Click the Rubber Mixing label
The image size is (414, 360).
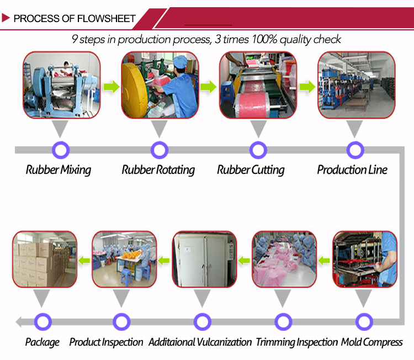pyautogui.click(x=58, y=170)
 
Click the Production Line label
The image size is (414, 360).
pyautogui.click(x=352, y=170)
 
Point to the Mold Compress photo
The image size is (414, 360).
pyautogui.click(x=364, y=260)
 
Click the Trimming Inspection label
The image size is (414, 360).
pyautogui.click(x=296, y=342)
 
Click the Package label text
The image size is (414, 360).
pyautogui.click(x=42, y=342)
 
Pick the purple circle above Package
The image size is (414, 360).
pyautogui.click(x=43, y=321)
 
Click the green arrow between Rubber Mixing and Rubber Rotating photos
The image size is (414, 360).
pyautogui.click(x=112, y=87)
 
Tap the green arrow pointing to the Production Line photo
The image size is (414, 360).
pyautogui.click(x=307, y=87)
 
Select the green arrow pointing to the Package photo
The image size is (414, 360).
pyautogui.click(x=84, y=259)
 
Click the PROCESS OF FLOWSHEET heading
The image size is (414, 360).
pyautogui.click(x=74, y=19)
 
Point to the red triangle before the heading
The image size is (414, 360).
pyautogui.click(x=6, y=18)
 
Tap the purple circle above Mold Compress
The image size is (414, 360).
pyautogui.click(x=364, y=321)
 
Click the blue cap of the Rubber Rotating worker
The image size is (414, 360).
pyautogui.click(x=181, y=60)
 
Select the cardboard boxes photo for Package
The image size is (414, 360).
pyautogui.click(x=45, y=260)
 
